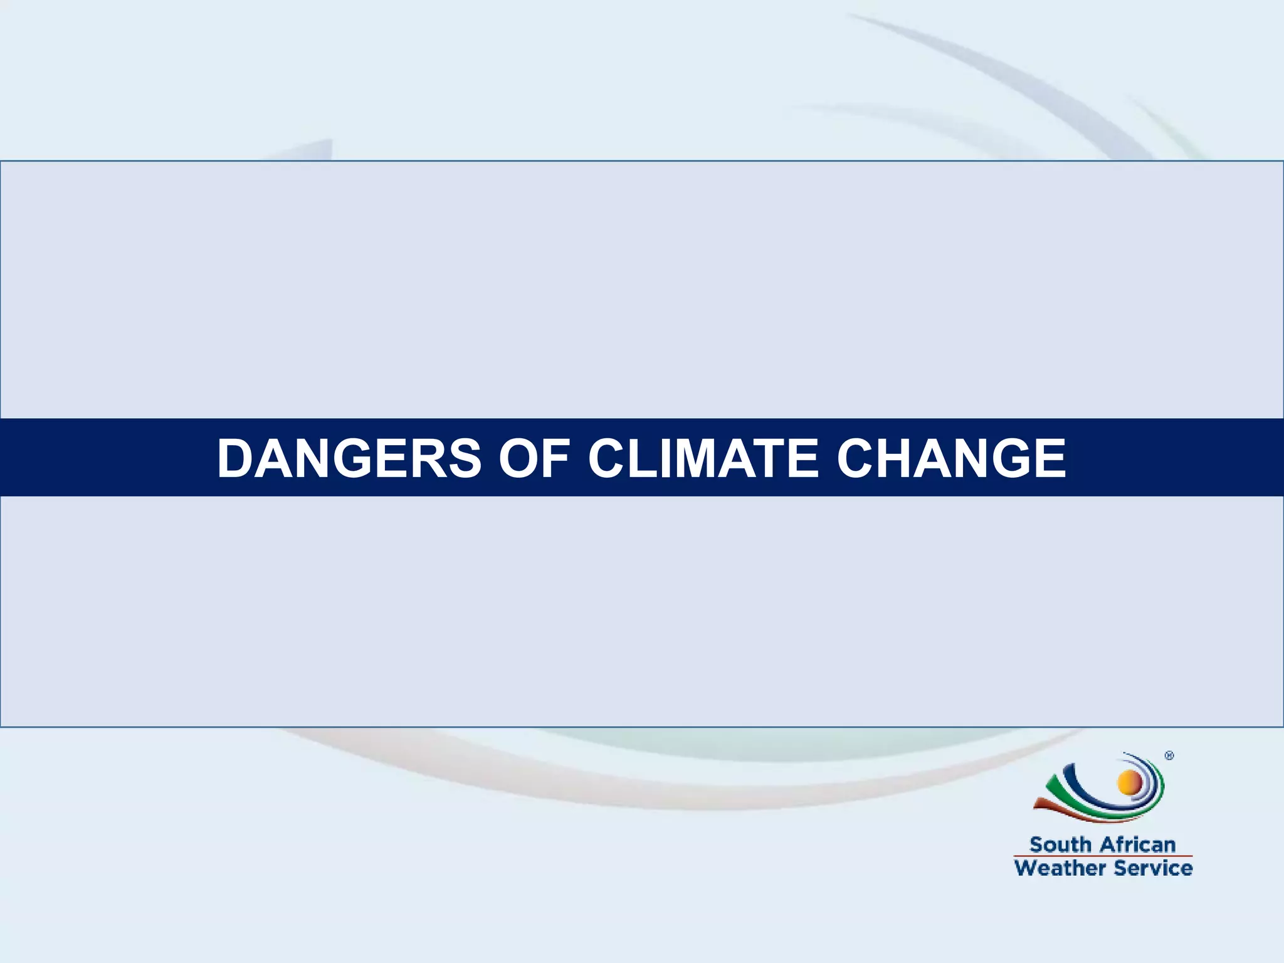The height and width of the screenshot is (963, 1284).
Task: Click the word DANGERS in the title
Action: pos(349,458)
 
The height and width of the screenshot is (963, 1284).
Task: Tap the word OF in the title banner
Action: pos(534,458)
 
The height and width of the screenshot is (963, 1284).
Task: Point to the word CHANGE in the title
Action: pos(951,458)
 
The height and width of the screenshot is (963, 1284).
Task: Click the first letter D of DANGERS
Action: pos(234,458)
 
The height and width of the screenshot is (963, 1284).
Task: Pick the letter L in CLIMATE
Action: pos(634,458)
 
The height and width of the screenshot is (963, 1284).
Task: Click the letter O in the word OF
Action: pos(518,458)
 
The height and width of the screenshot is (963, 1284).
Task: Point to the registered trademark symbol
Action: pos(1169,756)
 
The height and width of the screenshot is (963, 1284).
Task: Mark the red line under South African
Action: pos(1103,856)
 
